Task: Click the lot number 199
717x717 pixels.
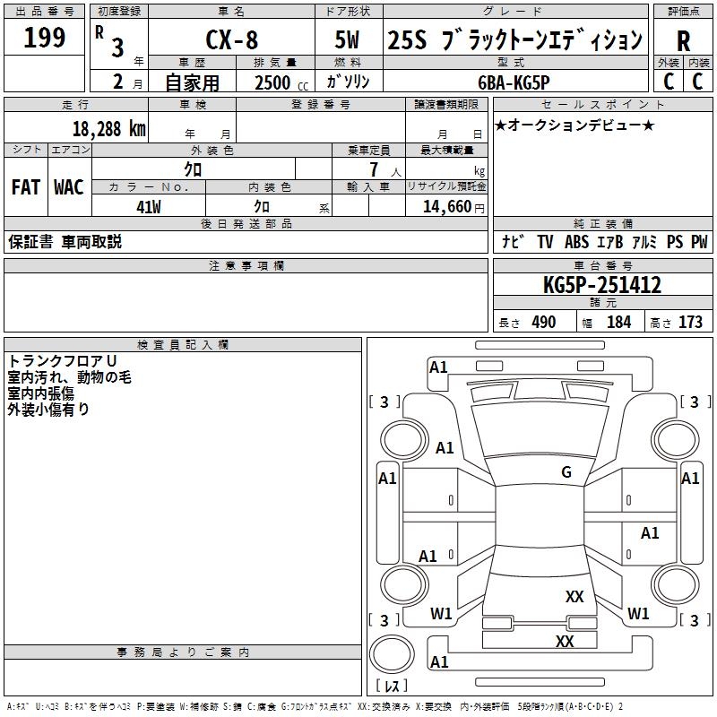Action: (45, 39)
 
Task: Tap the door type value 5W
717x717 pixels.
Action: (350, 40)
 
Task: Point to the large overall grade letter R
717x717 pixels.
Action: (683, 42)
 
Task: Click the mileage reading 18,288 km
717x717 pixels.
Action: (108, 128)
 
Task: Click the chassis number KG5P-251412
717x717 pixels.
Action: (602, 286)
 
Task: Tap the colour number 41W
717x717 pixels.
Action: (148, 206)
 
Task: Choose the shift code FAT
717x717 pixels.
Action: (25, 187)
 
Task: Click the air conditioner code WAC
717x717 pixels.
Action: (68, 187)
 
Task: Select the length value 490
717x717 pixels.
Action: (543, 323)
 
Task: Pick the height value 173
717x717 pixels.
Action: (690, 323)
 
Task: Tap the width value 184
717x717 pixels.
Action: (618, 323)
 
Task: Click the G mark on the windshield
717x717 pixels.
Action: (566, 472)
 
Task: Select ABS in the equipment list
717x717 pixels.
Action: (576, 242)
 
